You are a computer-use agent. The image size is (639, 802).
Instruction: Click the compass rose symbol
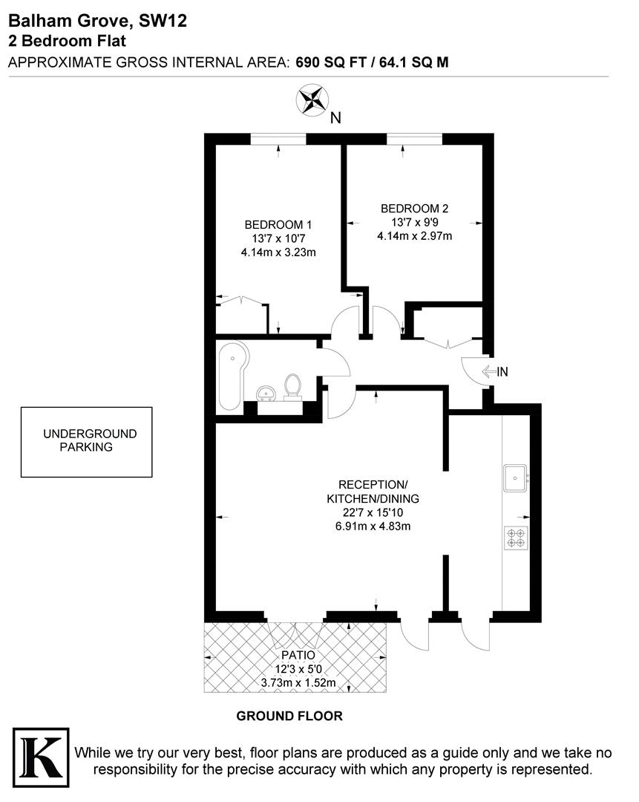point(312,100)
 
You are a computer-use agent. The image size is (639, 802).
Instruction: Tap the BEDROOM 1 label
point(278,225)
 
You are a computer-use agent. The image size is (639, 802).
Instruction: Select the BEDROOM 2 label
point(414,209)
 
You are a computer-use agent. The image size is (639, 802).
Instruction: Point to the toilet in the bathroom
point(293,386)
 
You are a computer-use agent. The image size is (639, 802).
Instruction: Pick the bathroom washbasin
point(266,393)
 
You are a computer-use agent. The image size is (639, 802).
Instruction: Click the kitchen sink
point(515,477)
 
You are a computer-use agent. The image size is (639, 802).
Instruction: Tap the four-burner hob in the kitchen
point(516,537)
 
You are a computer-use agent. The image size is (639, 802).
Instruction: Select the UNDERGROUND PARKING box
point(86,441)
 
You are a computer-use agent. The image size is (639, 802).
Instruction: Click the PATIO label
point(298,656)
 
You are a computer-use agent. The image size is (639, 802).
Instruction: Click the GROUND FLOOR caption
point(289,717)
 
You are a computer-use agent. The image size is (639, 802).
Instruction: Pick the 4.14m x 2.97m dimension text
point(414,236)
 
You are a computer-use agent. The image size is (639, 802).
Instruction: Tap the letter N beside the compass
point(335,117)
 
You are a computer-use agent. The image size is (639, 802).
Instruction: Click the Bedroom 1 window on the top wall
point(278,139)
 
